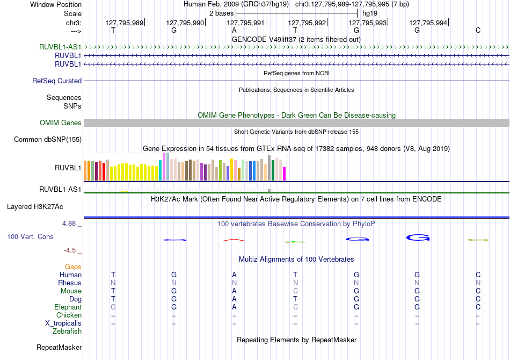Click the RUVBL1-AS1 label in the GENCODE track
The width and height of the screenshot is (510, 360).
pos(60,47)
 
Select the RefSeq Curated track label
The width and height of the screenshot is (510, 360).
pos(57,81)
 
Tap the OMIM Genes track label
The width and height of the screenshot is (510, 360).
pos(61,123)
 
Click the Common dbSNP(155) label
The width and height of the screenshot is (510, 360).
pos(48,139)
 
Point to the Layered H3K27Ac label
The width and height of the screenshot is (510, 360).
pos(35,207)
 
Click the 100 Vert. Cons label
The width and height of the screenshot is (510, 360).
pos(30,236)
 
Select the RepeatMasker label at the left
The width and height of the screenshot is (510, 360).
pos(59,347)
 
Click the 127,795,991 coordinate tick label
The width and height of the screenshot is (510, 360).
pos(245,23)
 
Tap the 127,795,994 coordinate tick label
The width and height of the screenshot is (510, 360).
pos(428,23)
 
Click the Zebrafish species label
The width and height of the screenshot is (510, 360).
pos(67,331)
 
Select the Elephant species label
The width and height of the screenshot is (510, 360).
pos(68,307)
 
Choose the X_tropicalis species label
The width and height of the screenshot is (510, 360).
pos(63,323)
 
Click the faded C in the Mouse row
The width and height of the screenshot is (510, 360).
pos(295,291)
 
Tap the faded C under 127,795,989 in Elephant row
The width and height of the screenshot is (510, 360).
pos(113,307)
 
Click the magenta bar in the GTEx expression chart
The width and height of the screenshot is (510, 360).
pos(285,174)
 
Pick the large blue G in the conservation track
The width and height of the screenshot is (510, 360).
pos(418,237)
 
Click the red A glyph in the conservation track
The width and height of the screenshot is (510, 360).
pos(234,240)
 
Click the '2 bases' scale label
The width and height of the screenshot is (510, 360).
pos(221,13)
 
